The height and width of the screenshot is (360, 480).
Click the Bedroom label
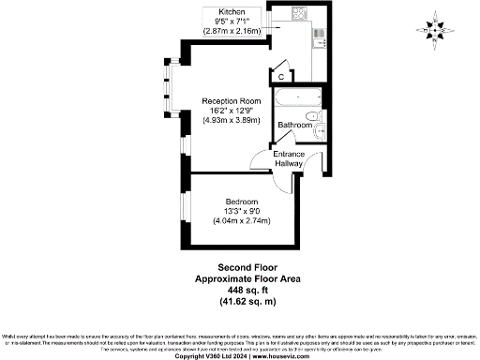pos(241,202)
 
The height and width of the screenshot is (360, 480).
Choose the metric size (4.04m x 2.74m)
pos(241,221)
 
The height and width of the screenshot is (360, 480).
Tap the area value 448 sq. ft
pos(239,291)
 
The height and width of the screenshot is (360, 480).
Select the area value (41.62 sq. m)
pos(239,302)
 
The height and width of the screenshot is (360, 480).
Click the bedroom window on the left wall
pos(185,210)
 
